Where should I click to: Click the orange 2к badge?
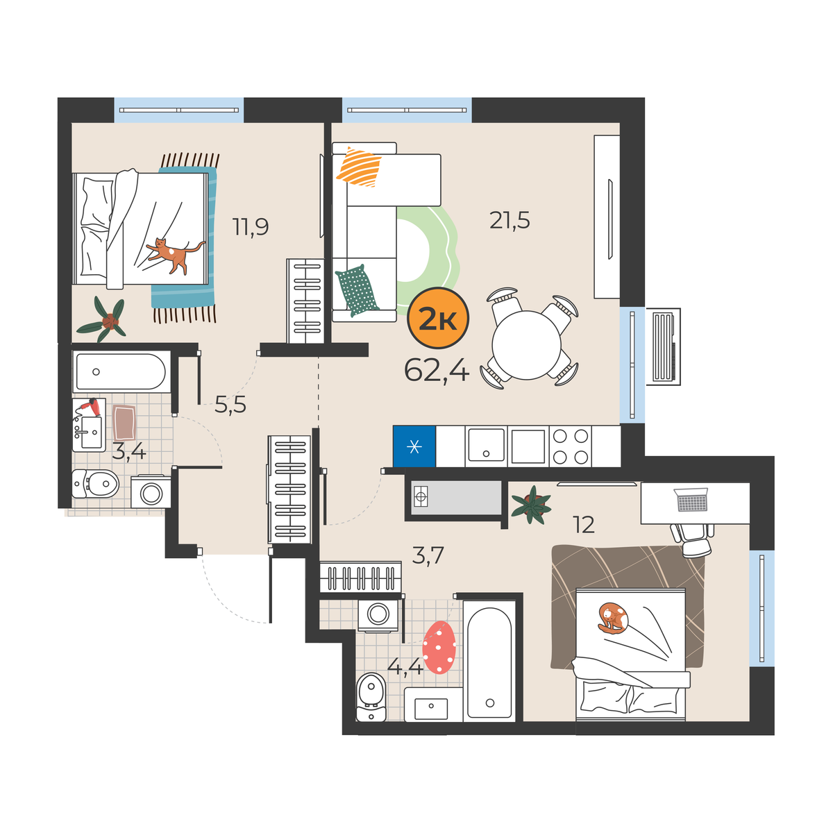pos(438,318)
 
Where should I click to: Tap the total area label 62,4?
pos(437,371)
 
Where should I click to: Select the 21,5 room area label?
pos(510,221)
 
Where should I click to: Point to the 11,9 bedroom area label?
pos(251,226)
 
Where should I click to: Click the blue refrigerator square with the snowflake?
pos(414,446)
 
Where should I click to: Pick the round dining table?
pos(526,345)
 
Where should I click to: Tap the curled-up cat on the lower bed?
pos(612,619)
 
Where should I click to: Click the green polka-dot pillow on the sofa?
pos(357,290)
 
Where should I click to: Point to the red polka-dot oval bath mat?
pos(439,648)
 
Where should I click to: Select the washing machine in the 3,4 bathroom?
pos(151,492)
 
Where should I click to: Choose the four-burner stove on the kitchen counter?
pos(570,446)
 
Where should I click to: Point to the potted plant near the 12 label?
pos(531,505)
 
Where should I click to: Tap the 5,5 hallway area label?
pos(230,405)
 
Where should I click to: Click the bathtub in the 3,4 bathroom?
pos(121,372)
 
